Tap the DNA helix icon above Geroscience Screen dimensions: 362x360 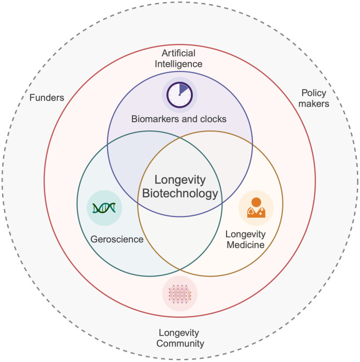point(104,208)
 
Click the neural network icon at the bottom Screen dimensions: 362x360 point(179,294)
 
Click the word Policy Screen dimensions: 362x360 point(314,93)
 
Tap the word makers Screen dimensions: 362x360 point(314,104)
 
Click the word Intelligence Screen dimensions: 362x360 point(181,64)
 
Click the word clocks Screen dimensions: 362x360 point(214,119)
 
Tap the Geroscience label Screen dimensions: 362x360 point(116,239)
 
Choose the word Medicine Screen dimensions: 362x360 point(245,244)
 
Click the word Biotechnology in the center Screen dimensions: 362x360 point(180,195)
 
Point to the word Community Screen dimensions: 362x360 point(179,343)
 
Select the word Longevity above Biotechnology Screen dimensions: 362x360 point(181,181)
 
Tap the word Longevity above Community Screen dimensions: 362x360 point(179,332)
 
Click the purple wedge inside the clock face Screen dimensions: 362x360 point(184,90)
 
